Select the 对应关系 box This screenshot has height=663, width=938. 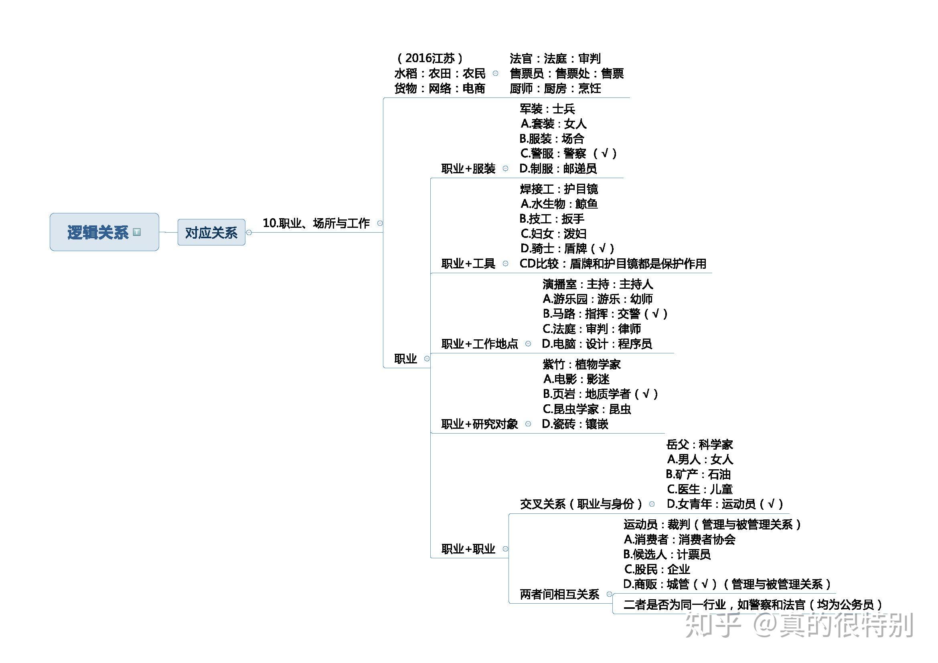[x=211, y=233]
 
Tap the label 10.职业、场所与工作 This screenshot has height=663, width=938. [x=316, y=223]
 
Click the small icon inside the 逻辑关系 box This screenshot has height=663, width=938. [x=137, y=232]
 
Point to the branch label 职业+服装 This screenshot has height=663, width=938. [x=468, y=168]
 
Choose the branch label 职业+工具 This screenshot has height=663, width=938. [x=468, y=264]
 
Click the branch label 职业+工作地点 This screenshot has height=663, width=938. [x=480, y=344]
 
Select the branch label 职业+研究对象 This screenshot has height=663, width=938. [x=480, y=424]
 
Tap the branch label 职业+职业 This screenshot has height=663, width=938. [x=468, y=549]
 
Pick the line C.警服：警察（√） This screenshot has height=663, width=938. [x=568, y=153]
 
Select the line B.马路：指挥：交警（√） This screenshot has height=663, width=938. [x=605, y=314]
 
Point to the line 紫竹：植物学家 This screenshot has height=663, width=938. [x=582, y=364]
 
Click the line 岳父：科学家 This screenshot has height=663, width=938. [x=699, y=444]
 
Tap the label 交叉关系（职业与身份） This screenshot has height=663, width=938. [x=581, y=504]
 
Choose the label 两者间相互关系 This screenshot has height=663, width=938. [x=559, y=594]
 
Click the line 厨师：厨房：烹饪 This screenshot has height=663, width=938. [x=555, y=88]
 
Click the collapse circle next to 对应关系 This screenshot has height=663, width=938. [x=249, y=233]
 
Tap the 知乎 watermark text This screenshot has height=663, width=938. [x=713, y=625]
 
